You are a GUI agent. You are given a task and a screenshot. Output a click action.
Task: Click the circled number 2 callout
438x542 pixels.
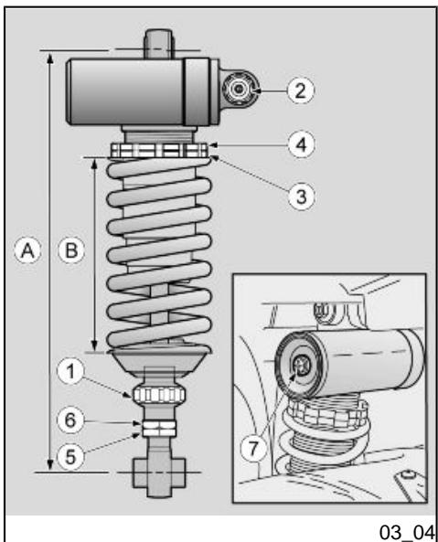click(x=301, y=90)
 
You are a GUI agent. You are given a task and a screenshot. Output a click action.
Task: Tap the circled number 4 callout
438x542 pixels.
click(x=302, y=144)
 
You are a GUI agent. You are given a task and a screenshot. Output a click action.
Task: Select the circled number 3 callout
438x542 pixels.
click(x=302, y=197)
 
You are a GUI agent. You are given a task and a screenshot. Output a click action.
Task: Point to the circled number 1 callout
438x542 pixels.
click(x=71, y=371)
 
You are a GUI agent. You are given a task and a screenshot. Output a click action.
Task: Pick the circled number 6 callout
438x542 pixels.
click(x=70, y=420)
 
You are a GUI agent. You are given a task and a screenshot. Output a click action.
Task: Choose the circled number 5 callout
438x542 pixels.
click(x=70, y=456)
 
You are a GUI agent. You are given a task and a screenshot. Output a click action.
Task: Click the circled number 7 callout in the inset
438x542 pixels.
click(x=253, y=449)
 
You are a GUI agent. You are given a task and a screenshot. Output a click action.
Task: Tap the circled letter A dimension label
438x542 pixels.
click(x=27, y=250)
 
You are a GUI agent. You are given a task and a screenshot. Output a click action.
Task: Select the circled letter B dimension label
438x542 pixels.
click(x=71, y=250)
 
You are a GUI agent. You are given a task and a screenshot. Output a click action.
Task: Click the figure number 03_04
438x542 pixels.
click(x=407, y=531)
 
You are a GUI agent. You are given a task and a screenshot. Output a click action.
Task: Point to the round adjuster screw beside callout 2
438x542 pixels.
click(x=239, y=90)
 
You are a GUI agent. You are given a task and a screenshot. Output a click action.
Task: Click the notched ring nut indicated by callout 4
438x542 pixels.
click(x=159, y=151)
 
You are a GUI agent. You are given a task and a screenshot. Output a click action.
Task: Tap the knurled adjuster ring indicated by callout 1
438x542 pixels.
click(x=159, y=395)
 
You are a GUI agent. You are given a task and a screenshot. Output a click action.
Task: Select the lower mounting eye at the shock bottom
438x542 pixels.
click(x=159, y=473)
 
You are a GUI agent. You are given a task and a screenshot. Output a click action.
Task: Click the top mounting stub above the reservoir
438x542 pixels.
click(x=158, y=44)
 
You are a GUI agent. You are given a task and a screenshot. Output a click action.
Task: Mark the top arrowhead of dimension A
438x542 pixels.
click(x=50, y=58)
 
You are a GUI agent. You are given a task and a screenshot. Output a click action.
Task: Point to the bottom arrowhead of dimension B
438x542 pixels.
click(x=94, y=345)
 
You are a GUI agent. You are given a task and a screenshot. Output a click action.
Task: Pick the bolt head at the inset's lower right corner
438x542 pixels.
click(x=409, y=474)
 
